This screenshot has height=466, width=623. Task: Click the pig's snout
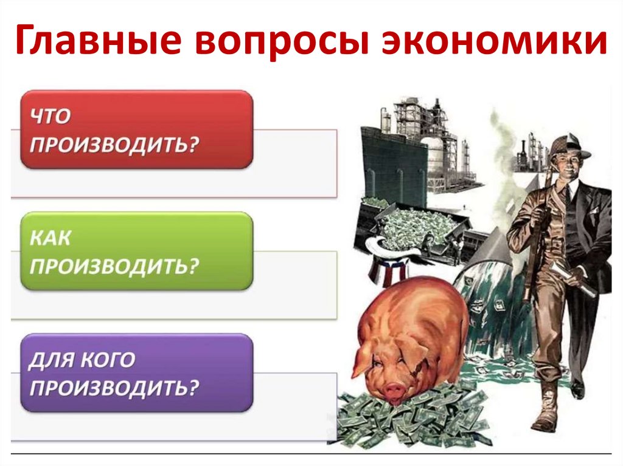pyautogui.click(x=394, y=389)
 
